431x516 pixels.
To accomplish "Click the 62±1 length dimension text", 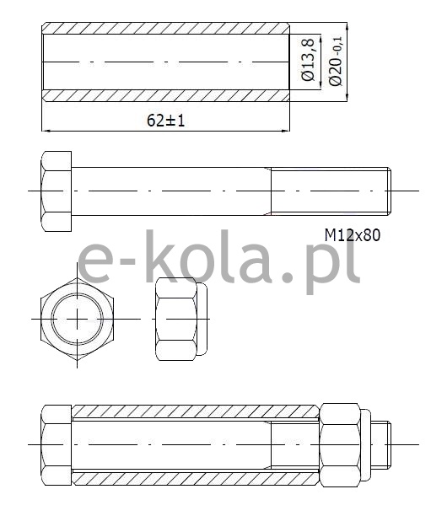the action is coord(165,120).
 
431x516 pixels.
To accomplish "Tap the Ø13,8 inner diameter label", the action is coord(308,59).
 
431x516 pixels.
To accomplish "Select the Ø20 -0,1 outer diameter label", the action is coord(336,61).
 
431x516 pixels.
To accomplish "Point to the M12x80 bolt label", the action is coord(353,235).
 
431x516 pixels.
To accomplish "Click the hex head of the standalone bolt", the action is coord(56,191).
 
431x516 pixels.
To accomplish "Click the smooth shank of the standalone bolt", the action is coord(171,191).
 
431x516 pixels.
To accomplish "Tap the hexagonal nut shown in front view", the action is coord(78,319).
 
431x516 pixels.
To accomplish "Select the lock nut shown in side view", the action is coord(181,320).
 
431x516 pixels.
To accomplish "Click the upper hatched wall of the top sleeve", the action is coord(166,28).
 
